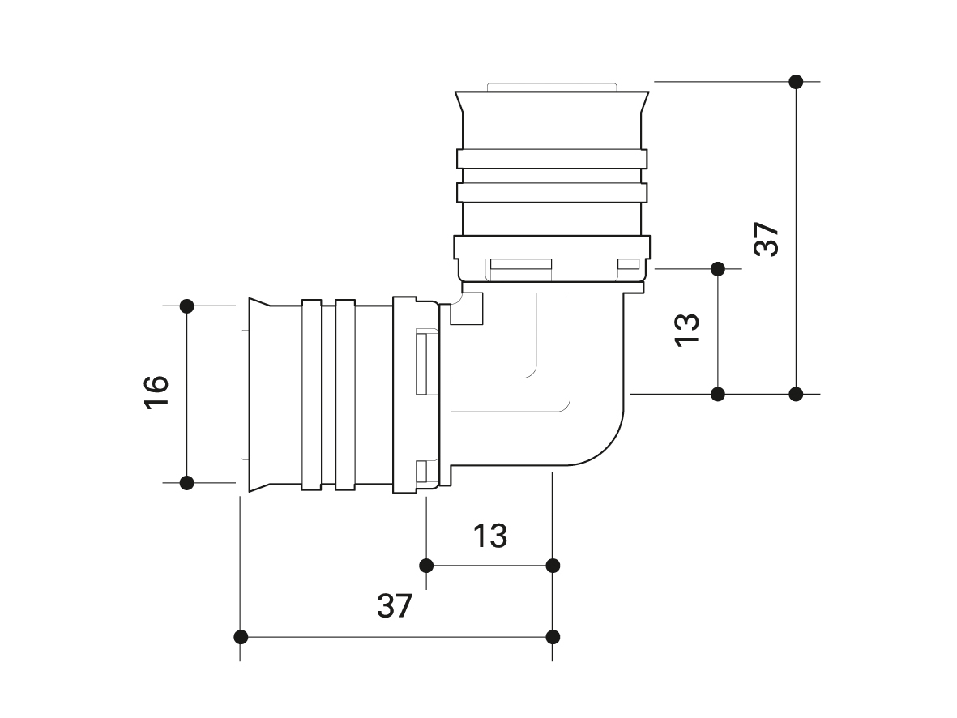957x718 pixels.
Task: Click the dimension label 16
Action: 156,395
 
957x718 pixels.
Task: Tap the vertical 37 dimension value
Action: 766,238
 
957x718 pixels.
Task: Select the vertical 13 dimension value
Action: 686,329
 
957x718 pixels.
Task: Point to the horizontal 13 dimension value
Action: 490,535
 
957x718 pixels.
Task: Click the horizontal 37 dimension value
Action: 395,605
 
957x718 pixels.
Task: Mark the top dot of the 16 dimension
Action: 187,306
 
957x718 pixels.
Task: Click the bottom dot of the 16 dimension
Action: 187,483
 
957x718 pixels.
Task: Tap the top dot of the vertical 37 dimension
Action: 796,81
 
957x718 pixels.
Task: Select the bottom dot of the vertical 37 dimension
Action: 796,394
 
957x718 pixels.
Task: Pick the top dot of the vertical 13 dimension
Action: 717,267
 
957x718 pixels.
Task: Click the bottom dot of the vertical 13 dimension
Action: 717,394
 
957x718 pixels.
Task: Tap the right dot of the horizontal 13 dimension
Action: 553,565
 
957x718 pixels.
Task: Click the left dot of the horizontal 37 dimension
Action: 241,636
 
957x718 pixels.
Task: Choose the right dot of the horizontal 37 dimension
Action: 553,636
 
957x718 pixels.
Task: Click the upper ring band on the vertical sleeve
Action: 552,159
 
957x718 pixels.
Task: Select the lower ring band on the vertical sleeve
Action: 552,193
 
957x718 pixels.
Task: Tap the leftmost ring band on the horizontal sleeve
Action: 312,395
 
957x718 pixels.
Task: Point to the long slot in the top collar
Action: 520,264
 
